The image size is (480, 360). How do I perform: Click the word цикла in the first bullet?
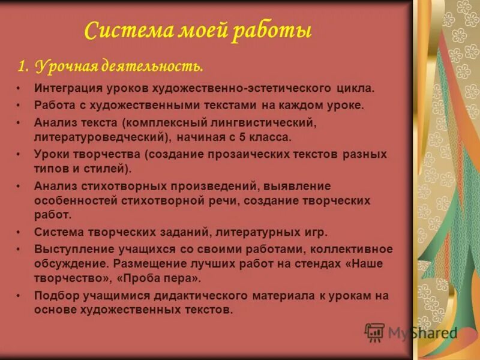tap(355, 88)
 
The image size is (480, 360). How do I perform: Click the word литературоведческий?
tap(102, 137)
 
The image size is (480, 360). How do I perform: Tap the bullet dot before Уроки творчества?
tap(20, 154)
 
